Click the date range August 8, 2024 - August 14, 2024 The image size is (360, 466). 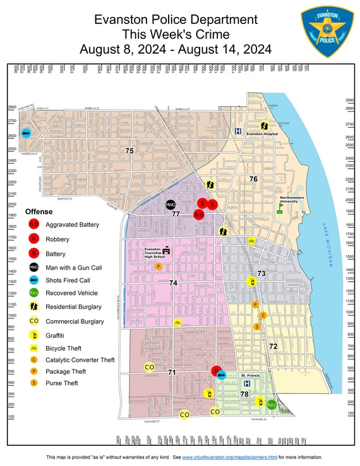click(x=175, y=49)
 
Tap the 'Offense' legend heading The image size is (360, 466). click(x=39, y=212)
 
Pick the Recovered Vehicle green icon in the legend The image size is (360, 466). click(x=33, y=293)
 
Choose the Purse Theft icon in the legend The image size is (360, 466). click(x=33, y=383)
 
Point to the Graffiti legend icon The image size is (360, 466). click(x=33, y=334)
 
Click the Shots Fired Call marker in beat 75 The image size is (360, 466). click(x=26, y=133)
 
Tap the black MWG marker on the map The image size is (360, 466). click(x=170, y=205)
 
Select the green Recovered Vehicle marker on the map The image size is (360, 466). click(x=272, y=404)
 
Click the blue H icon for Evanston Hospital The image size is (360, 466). click(x=238, y=132)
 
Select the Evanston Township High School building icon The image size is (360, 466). click(x=167, y=251)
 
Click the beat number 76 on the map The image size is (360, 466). click(x=253, y=179)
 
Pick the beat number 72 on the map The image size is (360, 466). click(x=273, y=346)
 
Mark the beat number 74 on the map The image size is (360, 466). click(x=173, y=283)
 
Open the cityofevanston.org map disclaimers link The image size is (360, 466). click(x=230, y=457)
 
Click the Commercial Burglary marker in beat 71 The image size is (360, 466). click(x=150, y=367)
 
